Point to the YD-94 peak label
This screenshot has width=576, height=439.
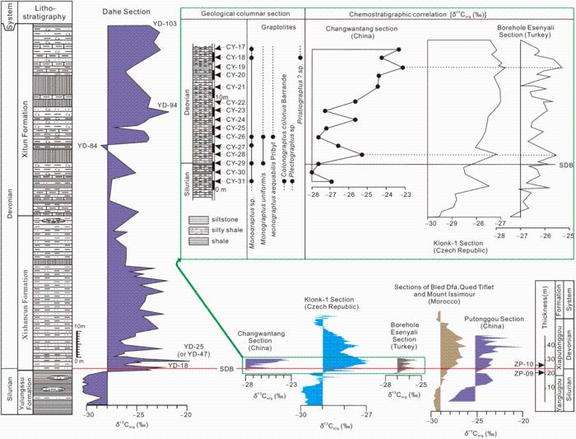168,105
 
